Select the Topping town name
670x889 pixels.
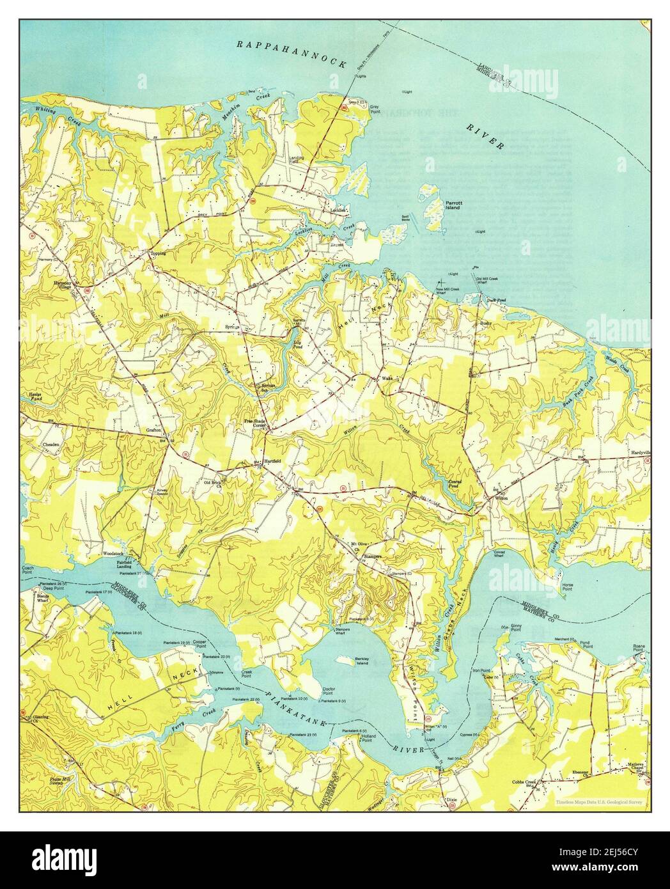(157, 254)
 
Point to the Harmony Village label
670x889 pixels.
(65, 285)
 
